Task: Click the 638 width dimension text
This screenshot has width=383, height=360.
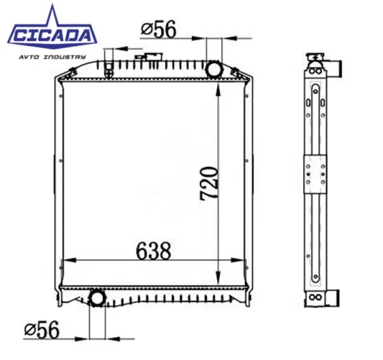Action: [153, 250]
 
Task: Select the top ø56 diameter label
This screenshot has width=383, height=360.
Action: [159, 30]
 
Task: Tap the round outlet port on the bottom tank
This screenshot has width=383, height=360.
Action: [96, 299]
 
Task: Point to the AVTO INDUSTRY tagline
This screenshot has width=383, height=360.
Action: [53, 56]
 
